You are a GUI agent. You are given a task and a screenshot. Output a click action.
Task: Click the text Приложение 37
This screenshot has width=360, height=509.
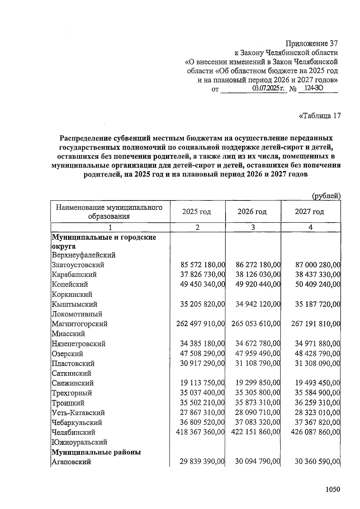click(x=312, y=44)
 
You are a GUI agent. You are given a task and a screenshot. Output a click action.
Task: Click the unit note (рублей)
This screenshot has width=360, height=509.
click(x=326, y=196)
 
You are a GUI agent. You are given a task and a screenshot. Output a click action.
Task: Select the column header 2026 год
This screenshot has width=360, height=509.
click(x=252, y=212)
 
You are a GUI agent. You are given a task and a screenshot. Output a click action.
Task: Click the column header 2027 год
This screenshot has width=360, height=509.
click(x=309, y=212)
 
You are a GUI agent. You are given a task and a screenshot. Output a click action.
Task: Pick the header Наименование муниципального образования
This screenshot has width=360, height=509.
click(x=109, y=212)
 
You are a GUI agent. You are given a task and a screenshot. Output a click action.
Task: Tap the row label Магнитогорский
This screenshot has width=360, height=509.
click(x=79, y=324)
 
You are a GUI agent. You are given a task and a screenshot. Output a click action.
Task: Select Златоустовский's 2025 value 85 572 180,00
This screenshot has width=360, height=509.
click(x=202, y=265)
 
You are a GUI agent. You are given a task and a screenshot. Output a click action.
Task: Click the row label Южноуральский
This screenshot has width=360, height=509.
click(x=79, y=442)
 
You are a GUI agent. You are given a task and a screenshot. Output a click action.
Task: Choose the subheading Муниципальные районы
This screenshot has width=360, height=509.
click(x=96, y=452)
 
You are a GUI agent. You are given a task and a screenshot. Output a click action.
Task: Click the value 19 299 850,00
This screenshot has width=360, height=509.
click(x=258, y=383)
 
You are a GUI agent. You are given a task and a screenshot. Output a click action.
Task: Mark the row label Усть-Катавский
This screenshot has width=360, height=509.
click(x=78, y=413)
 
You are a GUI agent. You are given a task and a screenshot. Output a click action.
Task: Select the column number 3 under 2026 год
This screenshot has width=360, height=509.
click(x=253, y=227)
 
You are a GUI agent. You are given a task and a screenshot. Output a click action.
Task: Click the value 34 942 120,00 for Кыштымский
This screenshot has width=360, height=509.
click(x=258, y=304)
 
